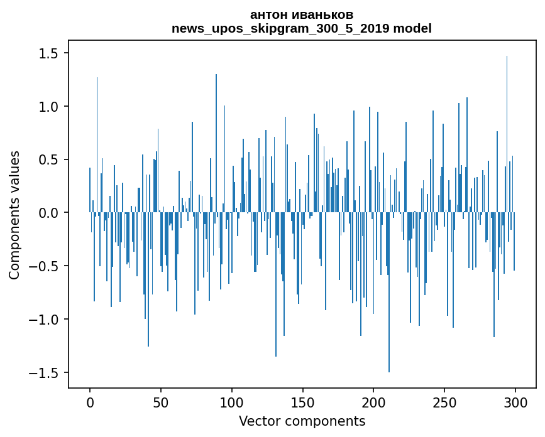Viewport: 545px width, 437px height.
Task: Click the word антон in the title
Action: tap(267, 14)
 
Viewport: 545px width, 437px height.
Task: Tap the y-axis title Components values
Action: tap(14, 215)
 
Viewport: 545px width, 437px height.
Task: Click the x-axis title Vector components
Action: tap(302, 421)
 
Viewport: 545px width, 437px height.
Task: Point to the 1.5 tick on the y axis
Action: tap(51, 54)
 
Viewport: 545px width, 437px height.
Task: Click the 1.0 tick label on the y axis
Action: tap(51, 107)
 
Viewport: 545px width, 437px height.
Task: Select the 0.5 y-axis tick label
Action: tap(51, 160)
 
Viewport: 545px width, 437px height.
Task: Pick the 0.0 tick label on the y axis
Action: tap(51, 213)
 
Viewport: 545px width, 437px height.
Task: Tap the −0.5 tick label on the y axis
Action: tap(47, 266)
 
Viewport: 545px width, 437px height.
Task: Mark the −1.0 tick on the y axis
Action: tap(47, 320)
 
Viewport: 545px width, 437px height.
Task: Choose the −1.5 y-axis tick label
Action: tap(47, 373)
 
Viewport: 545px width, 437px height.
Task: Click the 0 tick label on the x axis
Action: tap(90, 401)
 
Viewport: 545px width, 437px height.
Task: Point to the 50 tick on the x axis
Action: tap(161, 401)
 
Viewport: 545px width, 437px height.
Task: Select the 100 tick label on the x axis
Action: tap(232, 401)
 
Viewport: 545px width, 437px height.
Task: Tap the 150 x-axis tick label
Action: tap(302, 401)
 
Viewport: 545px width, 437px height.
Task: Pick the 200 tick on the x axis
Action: tap(373, 401)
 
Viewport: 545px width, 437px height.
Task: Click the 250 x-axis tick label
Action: tap(444, 401)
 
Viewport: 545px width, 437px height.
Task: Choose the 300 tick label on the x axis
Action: tap(515, 401)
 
